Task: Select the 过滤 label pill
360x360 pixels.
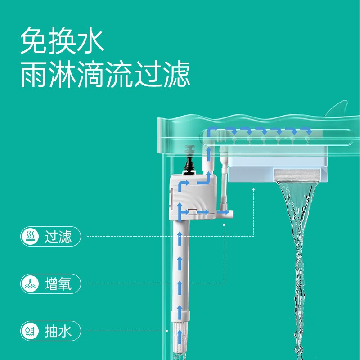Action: tap(51, 237)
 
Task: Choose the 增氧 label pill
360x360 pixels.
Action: tap(51, 284)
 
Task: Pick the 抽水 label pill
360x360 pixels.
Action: tap(51, 332)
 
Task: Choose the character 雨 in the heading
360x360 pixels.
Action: tap(34, 75)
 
